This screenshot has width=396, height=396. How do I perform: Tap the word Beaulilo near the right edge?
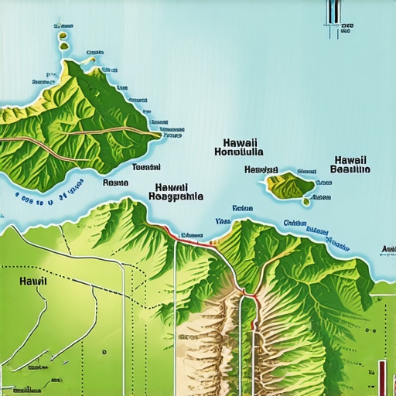(350, 169)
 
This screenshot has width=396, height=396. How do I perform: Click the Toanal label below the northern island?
(146, 167)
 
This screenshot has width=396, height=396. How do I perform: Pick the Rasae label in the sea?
(115, 183)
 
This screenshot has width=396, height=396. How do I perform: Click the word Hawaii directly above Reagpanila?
(171, 186)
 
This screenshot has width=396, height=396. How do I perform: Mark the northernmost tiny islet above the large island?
(59, 27)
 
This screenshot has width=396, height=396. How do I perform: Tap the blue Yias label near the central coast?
(223, 220)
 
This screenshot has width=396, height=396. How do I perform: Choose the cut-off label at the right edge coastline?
(388, 249)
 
